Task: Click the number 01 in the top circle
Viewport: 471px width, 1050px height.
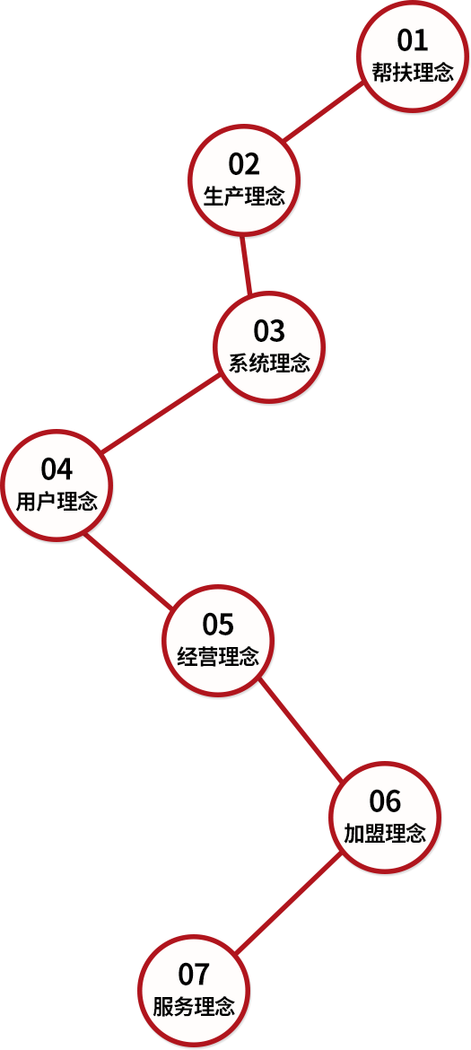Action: tap(412, 41)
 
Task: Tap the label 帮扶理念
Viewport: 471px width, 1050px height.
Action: tap(413, 73)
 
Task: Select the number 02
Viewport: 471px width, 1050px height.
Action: tap(243, 164)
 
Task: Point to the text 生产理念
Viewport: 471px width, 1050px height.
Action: tap(244, 197)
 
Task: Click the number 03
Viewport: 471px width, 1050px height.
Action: tap(269, 331)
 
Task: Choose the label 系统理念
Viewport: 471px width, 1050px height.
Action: tap(270, 363)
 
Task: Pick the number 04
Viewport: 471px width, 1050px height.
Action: tap(57, 469)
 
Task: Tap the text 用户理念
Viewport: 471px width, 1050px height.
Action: tap(57, 502)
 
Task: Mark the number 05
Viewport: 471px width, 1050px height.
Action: tap(218, 624)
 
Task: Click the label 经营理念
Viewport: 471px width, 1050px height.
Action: tap(218, 656)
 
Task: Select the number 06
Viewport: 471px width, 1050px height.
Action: tap(385, 801)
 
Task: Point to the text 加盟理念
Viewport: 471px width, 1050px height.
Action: tap(385, 833)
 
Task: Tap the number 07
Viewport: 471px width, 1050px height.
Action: tap(194, 975)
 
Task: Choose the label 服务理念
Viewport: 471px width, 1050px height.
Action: tap(194, 1007)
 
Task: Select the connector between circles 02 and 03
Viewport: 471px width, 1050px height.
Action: tap(246, 265)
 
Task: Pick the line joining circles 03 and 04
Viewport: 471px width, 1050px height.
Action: tap(161, 413)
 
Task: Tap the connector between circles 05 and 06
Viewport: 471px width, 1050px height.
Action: tap(301, 730)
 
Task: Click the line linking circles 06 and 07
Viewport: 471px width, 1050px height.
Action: tap(289, 904)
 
